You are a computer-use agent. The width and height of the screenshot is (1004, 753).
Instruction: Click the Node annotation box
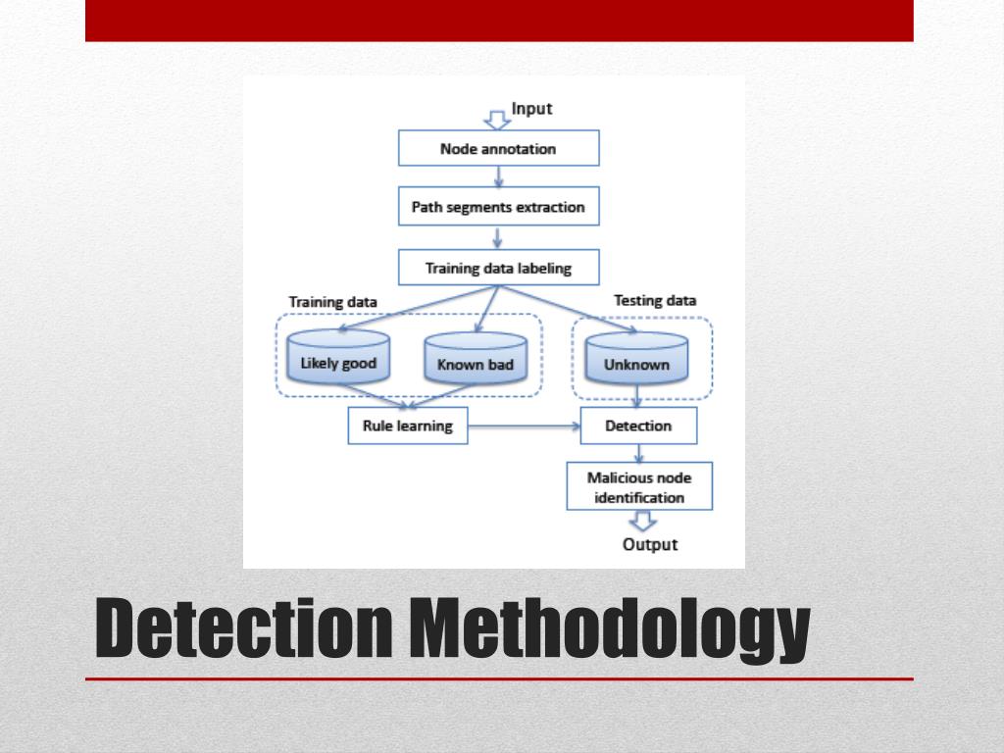coord(498,149)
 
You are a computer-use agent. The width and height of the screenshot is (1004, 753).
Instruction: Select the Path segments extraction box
coord(498,207)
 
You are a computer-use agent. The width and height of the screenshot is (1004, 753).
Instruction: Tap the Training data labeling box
coord(498,268)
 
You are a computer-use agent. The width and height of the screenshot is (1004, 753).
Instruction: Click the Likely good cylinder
coord(338,361)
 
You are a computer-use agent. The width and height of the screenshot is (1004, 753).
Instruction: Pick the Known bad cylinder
coord(476,363)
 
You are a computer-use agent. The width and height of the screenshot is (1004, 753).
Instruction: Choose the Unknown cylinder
coord(636,362)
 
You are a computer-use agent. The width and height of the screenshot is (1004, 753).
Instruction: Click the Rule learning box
coord(408,426)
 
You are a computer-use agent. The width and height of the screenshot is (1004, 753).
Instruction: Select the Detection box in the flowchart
coord(638,426)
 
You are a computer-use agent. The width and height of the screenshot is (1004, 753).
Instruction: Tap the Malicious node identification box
coord(639,486)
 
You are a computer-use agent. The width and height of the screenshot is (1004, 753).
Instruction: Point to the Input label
coord(532,109)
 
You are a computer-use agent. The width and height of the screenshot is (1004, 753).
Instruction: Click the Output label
coord(650,544)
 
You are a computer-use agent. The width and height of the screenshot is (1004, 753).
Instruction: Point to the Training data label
coord(333,302)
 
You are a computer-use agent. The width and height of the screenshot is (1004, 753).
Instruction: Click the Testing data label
coord(655,301)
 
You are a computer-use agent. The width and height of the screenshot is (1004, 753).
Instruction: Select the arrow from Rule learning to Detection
coord(524,427)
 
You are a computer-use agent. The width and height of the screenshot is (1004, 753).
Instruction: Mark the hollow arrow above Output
coord(642,522)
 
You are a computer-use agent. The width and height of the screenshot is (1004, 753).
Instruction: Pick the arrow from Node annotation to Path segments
coord(499,176)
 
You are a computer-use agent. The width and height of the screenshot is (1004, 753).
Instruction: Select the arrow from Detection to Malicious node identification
coord(639,453)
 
